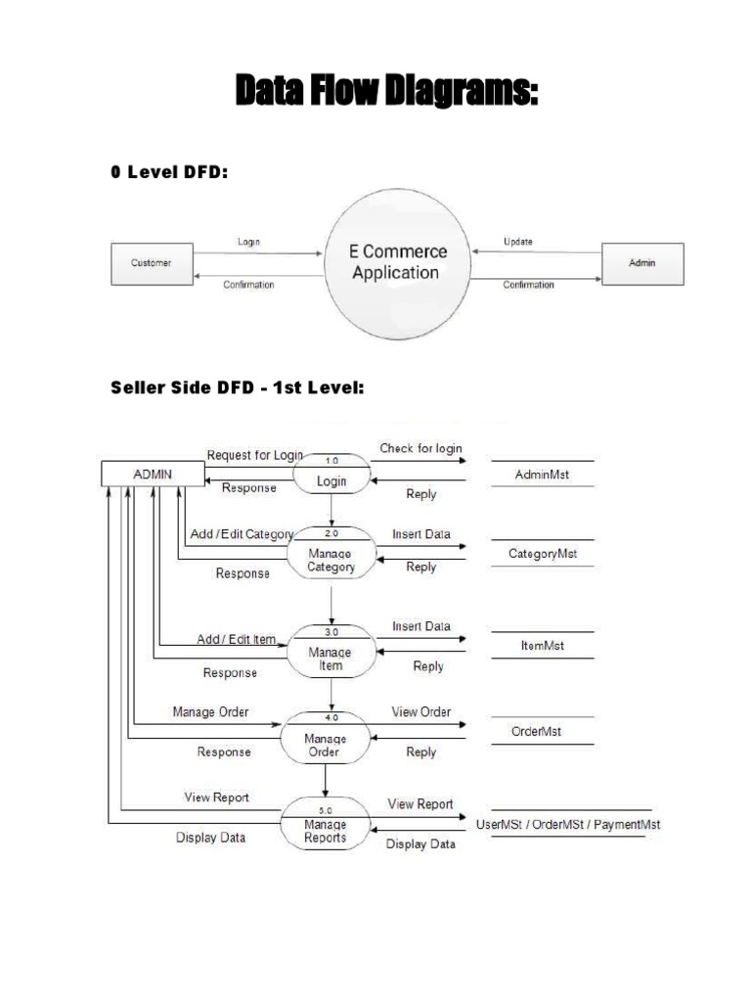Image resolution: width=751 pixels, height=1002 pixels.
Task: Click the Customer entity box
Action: click(x=152, y=263)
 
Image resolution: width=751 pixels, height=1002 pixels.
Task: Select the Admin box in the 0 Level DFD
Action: click(x=642, y=263)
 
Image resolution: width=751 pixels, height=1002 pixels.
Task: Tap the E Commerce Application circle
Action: click(x=398, y=262)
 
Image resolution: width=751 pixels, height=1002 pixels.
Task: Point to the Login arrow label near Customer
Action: click(x=249, y=241)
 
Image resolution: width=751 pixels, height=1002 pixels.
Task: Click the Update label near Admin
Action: click(x=518, y=241)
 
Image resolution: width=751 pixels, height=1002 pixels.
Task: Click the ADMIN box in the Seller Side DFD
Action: click(x=153, y=474)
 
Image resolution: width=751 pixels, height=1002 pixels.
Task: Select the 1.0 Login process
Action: click(x=332, y=475)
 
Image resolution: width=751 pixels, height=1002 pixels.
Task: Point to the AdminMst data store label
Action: click(x=542, y=475)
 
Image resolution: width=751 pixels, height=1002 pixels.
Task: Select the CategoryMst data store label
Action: click(x=543, y=554)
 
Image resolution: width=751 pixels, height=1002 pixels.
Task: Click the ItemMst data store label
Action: click(x=542, y=646)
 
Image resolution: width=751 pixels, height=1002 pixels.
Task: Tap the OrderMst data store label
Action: click(x=537, y=731)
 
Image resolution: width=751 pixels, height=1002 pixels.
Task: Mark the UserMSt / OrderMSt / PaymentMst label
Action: click(x=567, y=825)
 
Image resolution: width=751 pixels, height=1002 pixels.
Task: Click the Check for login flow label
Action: click(x=421, y=449)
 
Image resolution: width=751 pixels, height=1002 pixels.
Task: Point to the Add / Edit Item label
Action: click(x=238, y=639)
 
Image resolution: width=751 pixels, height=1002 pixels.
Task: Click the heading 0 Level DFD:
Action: click(x=169, y=173)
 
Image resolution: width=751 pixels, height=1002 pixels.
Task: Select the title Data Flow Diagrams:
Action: click(x=387, y=95)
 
